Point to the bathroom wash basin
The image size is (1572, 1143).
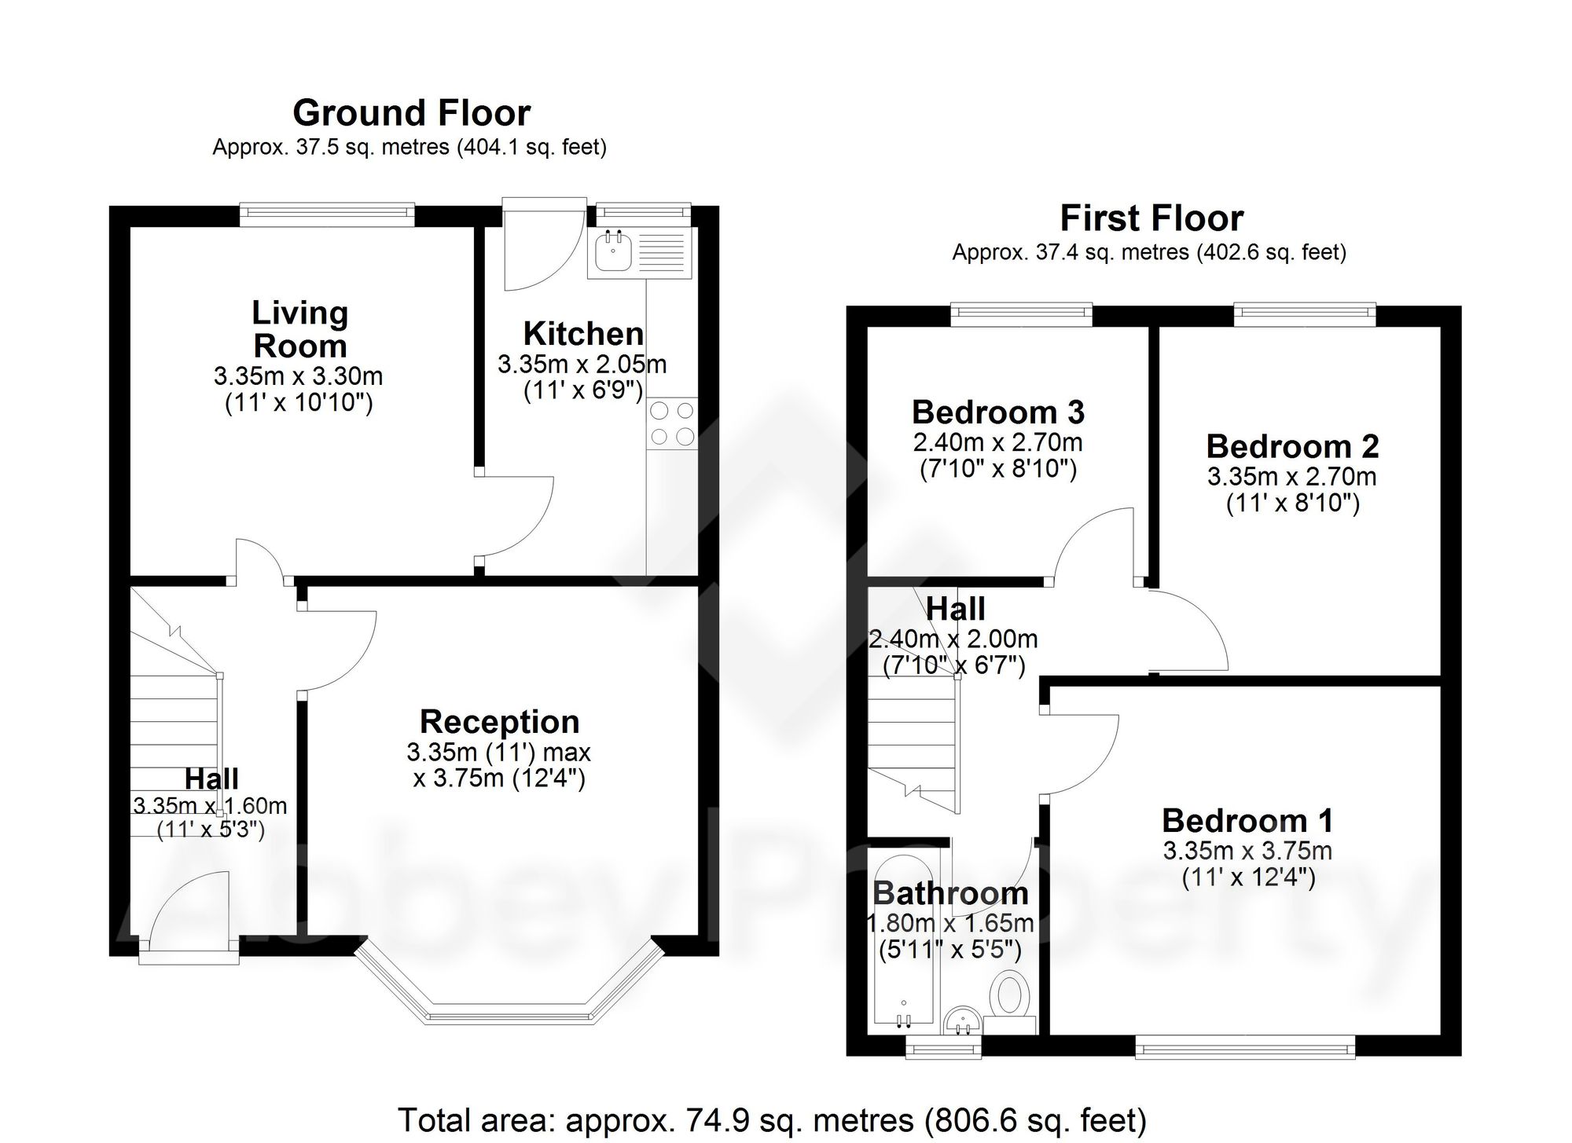(962, 1020)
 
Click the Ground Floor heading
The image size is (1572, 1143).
(411, 113)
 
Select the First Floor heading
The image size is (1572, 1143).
(1151, 218)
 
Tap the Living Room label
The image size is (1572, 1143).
(299, 329)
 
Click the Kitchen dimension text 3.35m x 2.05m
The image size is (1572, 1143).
(582, 365)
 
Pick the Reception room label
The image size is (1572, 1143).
(500, 722)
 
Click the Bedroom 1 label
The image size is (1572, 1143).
(1247, 821)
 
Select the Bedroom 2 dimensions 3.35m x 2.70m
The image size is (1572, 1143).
(1292, 476)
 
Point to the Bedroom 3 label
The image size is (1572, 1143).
(997, 412)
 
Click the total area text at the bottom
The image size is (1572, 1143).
(772, 1119)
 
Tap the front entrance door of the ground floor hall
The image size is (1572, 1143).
(189, 935)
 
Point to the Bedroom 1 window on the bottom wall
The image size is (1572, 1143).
(1245, 1046)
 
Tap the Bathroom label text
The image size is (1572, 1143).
(950, 893)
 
